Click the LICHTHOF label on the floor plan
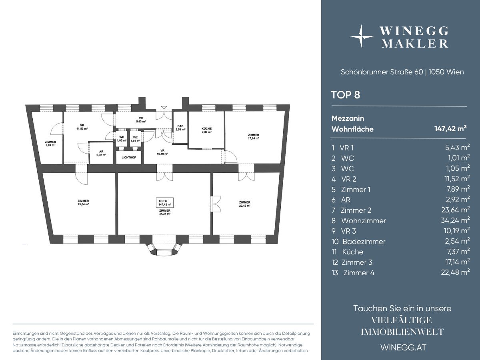tap(129, 157)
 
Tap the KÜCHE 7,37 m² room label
tap(206, 130)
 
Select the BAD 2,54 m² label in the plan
tap(180, 128)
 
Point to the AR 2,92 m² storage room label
tap(101, 153)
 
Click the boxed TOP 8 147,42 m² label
tap(165, 203)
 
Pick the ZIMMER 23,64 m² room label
tap(83, 203)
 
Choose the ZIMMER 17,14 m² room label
tap(254, 137)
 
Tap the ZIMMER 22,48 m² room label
tap(245, 204)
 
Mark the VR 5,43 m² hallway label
tap(141, 120)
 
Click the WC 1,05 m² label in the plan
tap(122, 139)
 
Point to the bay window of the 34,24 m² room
tap(165, 249)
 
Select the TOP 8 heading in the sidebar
tap(346, 95)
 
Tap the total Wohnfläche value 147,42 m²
tap(450, 128)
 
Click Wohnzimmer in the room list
tap(364, 221)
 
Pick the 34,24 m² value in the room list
tap(455, 220)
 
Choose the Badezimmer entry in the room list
tap(364, 242)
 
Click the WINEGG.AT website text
tap(404, 348)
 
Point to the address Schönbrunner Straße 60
tap(382, 72)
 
